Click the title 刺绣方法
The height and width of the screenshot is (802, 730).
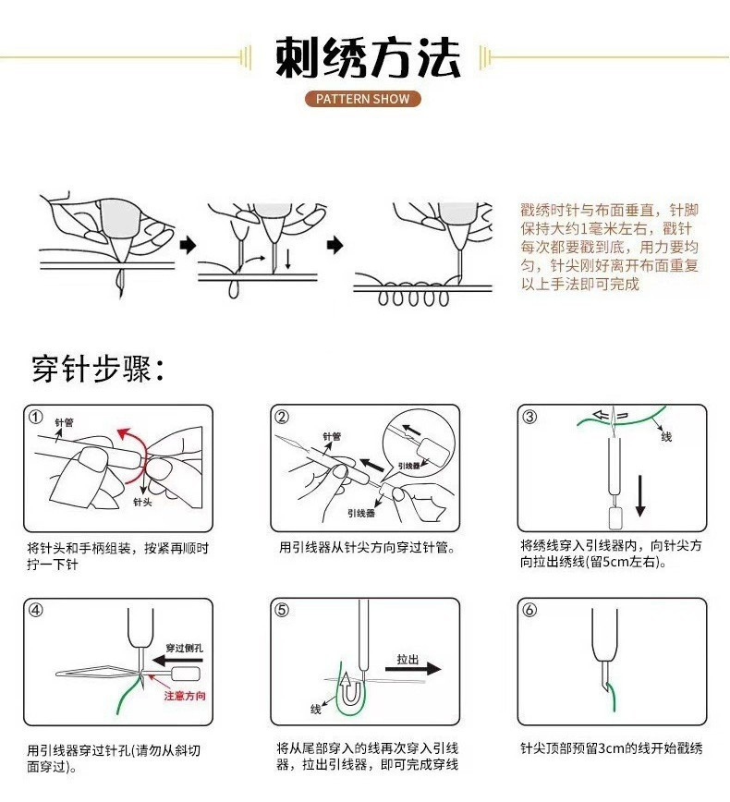(x=368, y=58)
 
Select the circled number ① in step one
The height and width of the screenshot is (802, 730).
(x=35, y=417)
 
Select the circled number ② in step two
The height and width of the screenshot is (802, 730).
(x=283, y=417)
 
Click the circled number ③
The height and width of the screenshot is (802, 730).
(x=529, y=417)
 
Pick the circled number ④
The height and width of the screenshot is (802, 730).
(x=35, y=611)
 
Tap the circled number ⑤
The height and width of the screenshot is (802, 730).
(x=283, y=611)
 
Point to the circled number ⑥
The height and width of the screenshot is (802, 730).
(x=529, y=611)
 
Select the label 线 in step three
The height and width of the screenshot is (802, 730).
(x=666, y=437)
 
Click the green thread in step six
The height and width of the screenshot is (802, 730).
(x=614, y=703)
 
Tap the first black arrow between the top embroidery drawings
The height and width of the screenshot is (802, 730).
(x=188, y=246)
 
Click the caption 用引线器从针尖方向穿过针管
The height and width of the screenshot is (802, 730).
(x=366, y=547)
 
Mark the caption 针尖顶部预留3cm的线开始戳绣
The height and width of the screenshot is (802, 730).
(x=611, y=748)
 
